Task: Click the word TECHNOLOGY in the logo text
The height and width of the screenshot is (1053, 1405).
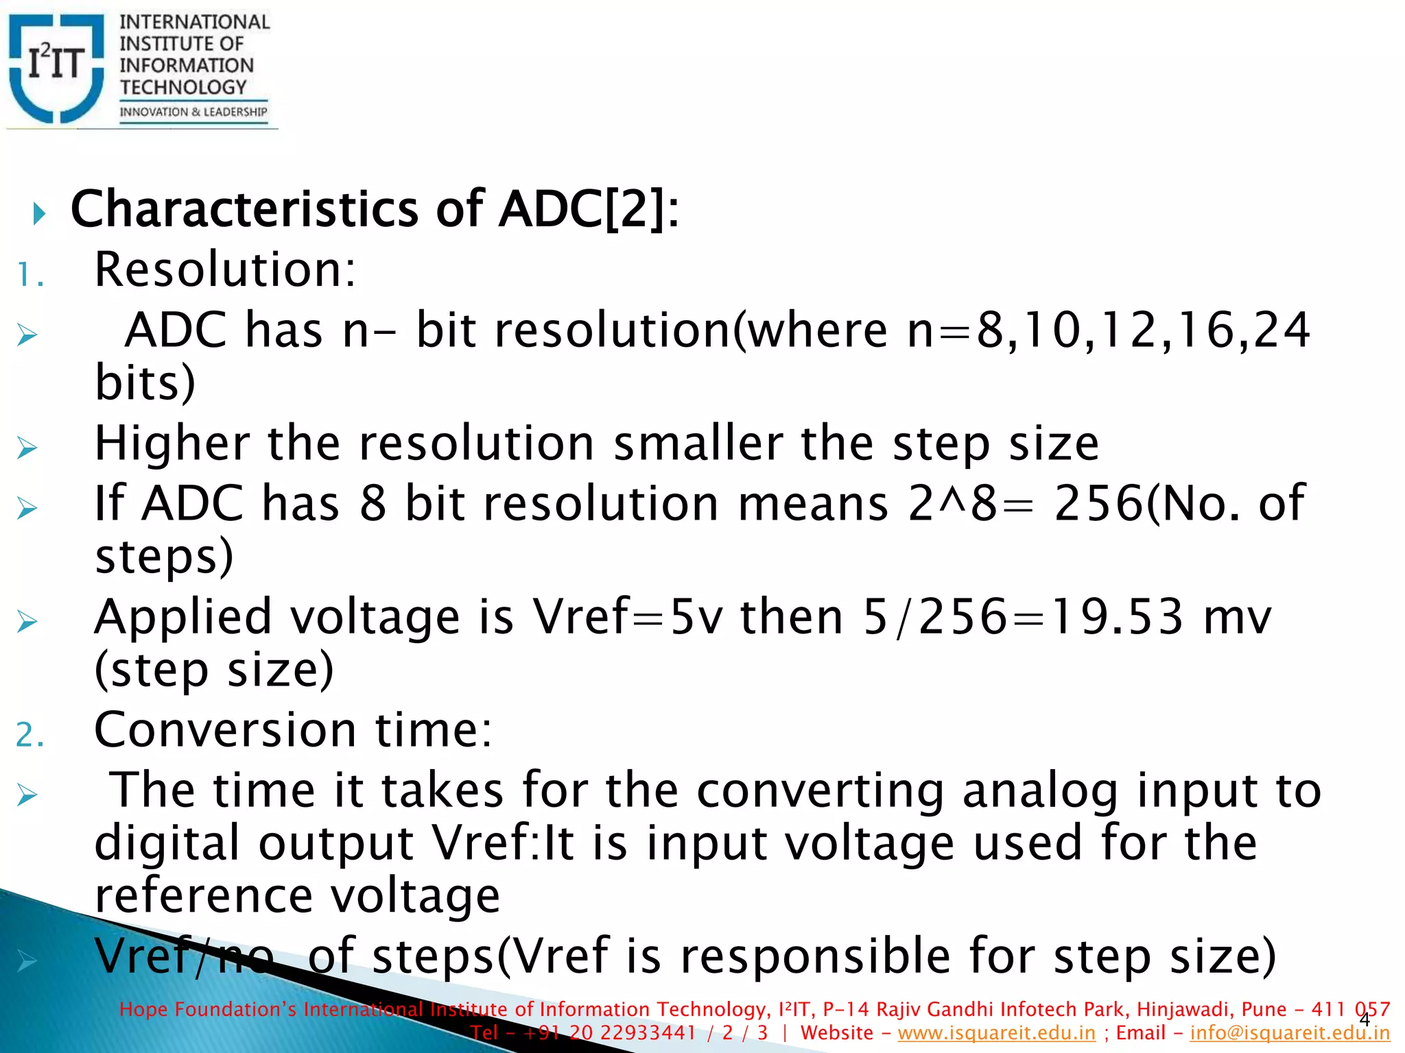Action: pos(183,87)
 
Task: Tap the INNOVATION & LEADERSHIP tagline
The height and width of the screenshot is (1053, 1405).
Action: pos(193,112)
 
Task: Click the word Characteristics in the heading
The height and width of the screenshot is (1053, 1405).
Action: pos(244,209)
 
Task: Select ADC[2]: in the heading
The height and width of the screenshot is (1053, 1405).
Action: pos(589,209)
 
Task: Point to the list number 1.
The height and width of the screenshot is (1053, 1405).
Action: pos(29,276)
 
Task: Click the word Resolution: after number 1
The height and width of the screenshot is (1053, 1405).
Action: pos(225,269)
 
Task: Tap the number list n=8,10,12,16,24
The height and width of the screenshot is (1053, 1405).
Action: pos(1108,330)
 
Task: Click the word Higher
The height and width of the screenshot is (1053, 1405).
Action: pos(172,444)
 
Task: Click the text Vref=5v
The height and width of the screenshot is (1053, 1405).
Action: pos(628,617)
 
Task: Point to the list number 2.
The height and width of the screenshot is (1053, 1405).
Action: pos(29,736)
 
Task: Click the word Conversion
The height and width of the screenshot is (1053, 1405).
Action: pos(225,730)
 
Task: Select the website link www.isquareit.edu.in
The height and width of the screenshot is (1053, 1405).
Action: pos(996,1033)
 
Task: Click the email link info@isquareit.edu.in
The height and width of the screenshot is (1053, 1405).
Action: pos(1290,1033)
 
